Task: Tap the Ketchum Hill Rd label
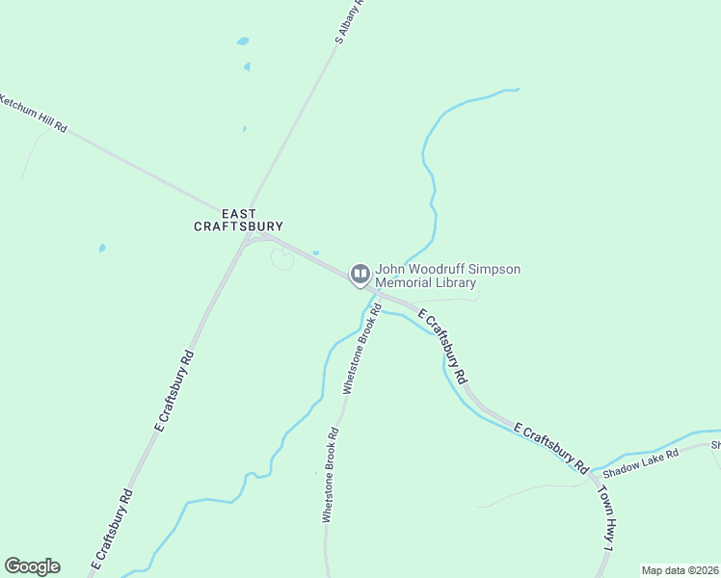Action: (x=34, y=113)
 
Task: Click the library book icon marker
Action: (x=360, y=276)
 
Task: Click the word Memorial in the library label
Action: (x=405, y=283)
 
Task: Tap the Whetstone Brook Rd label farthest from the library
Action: (x=331, y=476)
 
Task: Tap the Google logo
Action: (x=32, y=566)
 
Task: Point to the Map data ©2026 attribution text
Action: (x=679, y=570)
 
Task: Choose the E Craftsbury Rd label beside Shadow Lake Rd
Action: (x=550, y=446)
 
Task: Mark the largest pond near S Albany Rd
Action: (x=243, y=42)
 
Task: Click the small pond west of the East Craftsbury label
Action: (x=101, y=249)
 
